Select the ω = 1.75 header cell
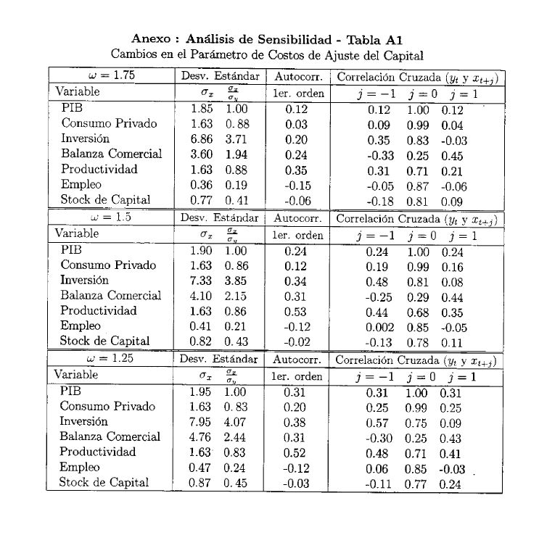pos(111,75)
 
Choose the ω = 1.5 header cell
pos(111,217)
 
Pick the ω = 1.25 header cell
pos(111,358)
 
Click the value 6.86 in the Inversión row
pos(200,139)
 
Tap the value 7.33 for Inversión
pos(200,281)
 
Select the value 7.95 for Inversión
pos(200,422)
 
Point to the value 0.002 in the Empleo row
pos(380,326)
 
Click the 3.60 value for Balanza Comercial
pos(200,154)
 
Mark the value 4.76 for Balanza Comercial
pos(200,437)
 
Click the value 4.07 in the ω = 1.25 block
pos(235,422)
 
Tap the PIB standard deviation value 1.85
pos(200,109)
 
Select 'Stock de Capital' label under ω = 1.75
pos(105,200)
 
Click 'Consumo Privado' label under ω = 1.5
pos(108,265)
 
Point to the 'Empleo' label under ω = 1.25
pos(80,468)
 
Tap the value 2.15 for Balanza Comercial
pos(235,296)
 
